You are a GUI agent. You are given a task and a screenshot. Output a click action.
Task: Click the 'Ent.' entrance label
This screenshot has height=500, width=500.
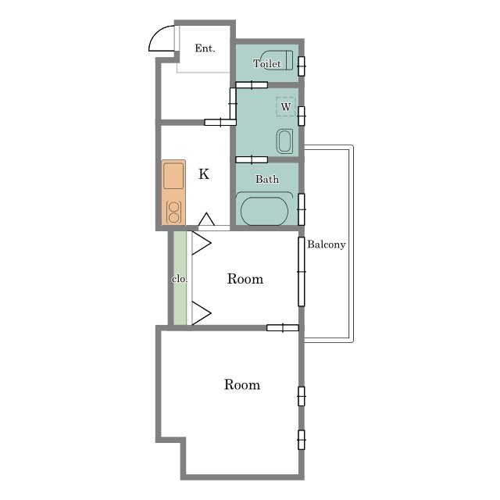[x=205, y=48]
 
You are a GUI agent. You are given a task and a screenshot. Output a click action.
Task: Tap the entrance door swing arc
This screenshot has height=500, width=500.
[x=156, y=33]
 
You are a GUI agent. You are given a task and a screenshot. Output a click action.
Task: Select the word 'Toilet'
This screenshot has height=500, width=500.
[x=267, y=64]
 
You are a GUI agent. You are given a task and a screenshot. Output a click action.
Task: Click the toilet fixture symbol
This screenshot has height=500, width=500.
[x=277, y=60]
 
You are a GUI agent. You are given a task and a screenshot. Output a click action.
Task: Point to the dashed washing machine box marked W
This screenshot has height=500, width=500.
[x=286, y=106]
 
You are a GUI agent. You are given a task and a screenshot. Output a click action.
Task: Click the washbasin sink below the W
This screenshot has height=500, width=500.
[x=284, y=141]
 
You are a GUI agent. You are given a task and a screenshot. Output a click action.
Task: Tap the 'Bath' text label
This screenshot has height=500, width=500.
[x=267, y=179]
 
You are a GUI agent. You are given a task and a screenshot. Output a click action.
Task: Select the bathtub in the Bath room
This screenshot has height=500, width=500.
[x=264, y=209]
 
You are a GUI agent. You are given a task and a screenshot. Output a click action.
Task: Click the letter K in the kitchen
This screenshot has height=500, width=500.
[x=204, y=174]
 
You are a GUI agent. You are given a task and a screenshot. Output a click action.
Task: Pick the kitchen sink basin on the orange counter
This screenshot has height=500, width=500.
[x=173, y=176]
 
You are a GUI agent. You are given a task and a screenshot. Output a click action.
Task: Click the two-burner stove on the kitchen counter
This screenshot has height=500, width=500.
[x=173, y=212]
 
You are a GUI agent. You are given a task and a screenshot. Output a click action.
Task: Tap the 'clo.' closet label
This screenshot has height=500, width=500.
[x=180, y=279]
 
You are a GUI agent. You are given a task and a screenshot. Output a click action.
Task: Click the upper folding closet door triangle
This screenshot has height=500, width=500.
[x=202, y=243]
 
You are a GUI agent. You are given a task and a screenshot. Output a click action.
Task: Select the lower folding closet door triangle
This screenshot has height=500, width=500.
[x=202, y=313]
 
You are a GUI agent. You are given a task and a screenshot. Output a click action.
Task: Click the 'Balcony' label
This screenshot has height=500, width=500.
[x=327, y=245]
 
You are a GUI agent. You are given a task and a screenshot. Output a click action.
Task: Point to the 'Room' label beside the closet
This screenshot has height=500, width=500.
[x=245, y=279]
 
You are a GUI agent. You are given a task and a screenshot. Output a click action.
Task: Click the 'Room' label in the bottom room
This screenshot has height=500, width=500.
[x=242, y=385]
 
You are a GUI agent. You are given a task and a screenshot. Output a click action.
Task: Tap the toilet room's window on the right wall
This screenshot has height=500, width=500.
[x=302, y=66]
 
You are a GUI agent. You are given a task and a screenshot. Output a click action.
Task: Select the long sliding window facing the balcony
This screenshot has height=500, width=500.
[x=302, y=272]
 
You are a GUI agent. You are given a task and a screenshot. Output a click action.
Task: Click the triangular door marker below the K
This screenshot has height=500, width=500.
[x=206, y=219]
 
